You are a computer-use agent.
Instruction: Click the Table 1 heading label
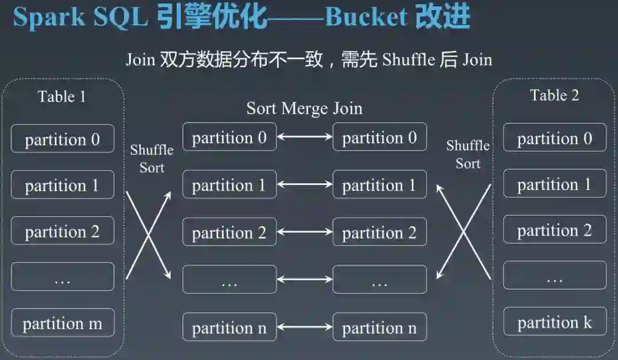click(62, 96)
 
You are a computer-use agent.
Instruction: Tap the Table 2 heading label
click(554, 95)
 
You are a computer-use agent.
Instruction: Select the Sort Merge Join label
click(304, 108)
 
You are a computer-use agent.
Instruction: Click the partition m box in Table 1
click(62, 323)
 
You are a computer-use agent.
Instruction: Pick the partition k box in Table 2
click(554, 322)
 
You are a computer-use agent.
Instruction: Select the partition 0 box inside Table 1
click(62, 139)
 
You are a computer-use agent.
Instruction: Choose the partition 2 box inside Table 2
click(554, 230)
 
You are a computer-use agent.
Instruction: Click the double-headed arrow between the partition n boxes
click(304, 327)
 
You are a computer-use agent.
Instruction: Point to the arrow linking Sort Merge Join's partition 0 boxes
click(304, 137)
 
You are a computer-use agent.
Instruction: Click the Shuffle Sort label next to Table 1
click(152, 159)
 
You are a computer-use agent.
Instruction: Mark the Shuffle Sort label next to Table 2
click(468, 155)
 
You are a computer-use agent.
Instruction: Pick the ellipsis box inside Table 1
click(62, 277)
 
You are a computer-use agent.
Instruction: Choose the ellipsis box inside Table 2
click(554, 276)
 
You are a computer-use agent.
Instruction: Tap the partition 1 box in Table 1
click(62, 185)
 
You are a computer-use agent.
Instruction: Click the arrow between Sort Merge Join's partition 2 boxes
click(304, 232)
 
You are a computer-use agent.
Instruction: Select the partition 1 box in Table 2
click(554, 184)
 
